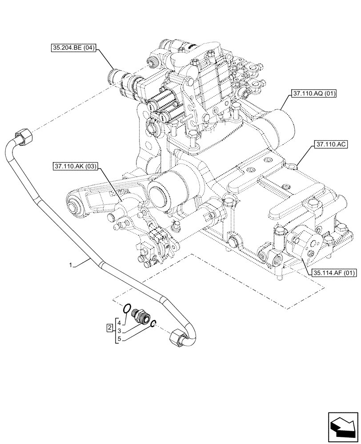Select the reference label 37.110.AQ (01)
(x=314, y=94)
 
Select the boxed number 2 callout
(x=109, y=328)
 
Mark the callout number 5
(x=119, y=339)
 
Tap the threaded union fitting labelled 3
(x=141, y=316)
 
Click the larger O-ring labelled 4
(x=127, y=308)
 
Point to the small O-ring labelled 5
(x=152, y=324)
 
